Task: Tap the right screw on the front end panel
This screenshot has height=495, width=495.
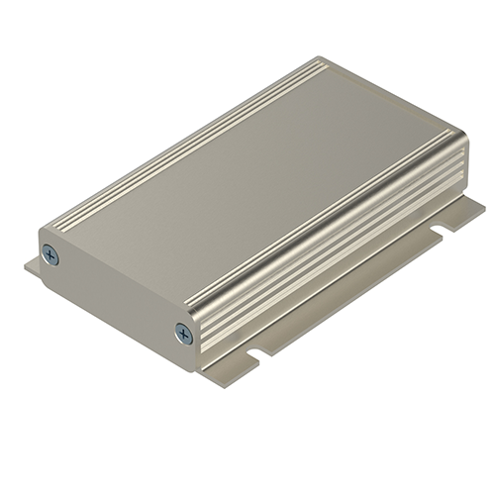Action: point(182,333)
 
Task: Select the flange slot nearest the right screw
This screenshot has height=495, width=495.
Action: point(258,350)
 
